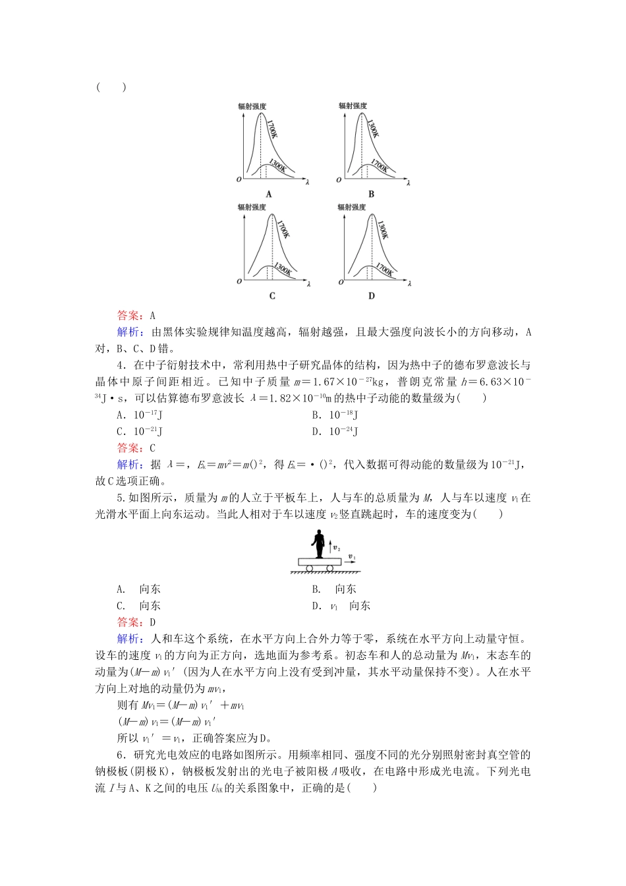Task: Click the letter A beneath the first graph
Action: (269, 194)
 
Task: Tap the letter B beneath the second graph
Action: (371, 194)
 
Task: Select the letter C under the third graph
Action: (272, 296)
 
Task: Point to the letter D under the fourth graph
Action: (371, 296)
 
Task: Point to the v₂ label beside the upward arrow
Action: (337, 547)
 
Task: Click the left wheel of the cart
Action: (309, 568)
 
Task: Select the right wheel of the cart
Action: (330, 568)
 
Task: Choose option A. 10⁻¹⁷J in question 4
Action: (140, 415)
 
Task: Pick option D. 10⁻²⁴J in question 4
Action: (335, 432)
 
